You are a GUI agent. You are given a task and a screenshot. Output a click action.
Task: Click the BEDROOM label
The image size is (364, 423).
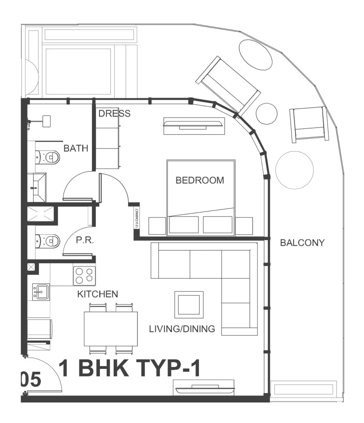199,180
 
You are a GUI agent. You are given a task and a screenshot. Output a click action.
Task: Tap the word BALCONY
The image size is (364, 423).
302,243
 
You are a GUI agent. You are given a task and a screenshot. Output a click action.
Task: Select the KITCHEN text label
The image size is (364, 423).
97,294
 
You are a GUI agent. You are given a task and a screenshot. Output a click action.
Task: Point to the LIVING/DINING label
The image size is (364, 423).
182,329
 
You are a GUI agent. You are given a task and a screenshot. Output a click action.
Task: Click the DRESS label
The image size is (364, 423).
114,113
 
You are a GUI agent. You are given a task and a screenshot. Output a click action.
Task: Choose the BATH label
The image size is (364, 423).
76,149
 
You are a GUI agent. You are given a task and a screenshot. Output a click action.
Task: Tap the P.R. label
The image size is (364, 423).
85,241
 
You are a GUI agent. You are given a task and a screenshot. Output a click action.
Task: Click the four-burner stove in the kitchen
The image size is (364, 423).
84,276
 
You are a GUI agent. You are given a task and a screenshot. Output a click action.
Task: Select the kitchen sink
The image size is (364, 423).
40,291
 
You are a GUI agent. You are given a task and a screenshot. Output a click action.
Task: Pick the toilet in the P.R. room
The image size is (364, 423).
48,241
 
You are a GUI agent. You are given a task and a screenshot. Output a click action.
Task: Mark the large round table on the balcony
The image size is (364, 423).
294,170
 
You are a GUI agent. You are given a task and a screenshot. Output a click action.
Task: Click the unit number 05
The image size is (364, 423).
30,380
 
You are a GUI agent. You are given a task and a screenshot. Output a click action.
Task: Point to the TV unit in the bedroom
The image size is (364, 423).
194,126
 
